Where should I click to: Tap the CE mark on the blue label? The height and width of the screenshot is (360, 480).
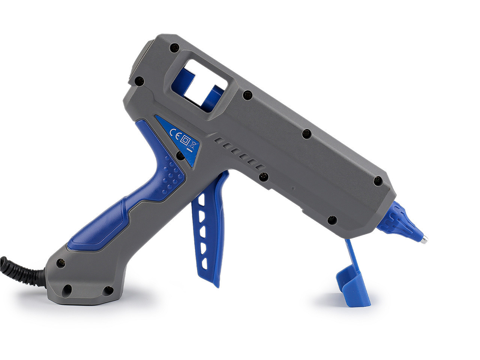point(175,133)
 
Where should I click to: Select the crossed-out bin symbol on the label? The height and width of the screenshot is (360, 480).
point(194,144)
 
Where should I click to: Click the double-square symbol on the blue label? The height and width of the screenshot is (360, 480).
point(186,139)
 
